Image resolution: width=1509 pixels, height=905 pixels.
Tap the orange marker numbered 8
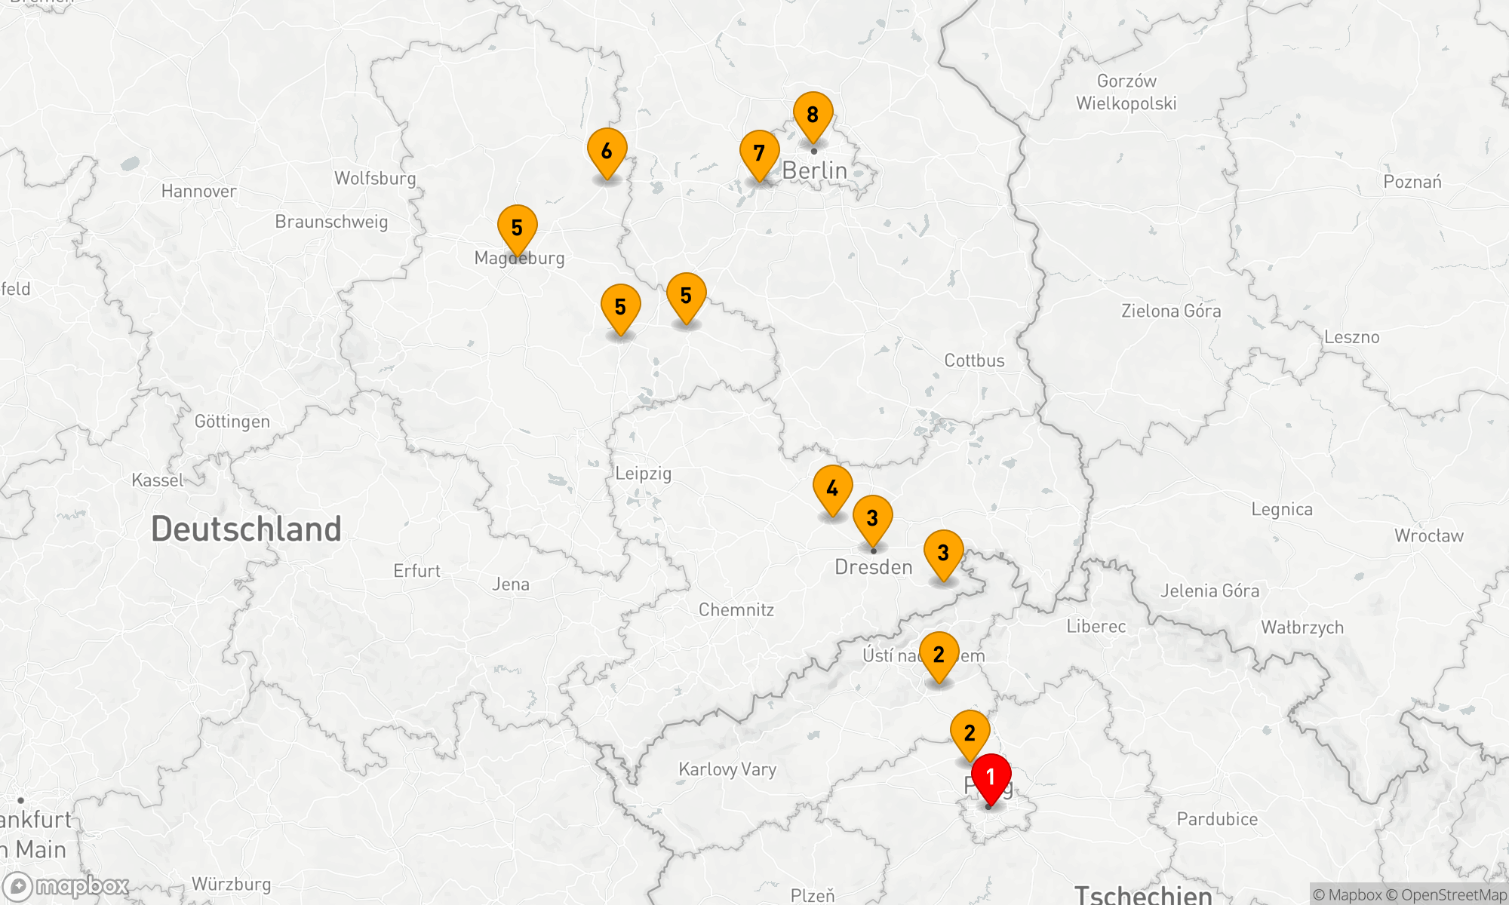pos(813,115)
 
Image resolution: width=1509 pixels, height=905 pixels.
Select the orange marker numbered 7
pos(759,154)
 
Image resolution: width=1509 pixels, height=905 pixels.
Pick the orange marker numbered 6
pos(607,152)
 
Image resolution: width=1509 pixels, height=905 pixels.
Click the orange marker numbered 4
pos(832,489)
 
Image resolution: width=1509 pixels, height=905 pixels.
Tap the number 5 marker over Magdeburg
pos(517,228)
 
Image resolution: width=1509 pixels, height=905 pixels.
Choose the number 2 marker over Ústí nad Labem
pos(939,655)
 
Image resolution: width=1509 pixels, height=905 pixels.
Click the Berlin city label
pos(815,171)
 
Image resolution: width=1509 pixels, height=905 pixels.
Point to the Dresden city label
pos(874,567)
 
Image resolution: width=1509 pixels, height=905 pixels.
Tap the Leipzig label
pos(643,474)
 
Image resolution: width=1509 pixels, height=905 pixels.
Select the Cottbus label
pos(974,360)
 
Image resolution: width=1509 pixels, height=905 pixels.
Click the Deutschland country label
pos(246,529)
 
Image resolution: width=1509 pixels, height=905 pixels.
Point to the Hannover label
pos(198,192)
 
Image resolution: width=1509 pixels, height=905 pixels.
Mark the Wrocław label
pos(1428,536)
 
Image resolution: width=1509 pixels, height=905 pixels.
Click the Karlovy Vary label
pos(727,769)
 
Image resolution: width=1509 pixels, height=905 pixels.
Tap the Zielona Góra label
pos(1170,311)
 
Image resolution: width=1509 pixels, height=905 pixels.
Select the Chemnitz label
pos(736,610)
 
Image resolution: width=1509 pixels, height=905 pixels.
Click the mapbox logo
pos(66,886)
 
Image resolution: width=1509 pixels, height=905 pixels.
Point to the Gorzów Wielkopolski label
pos(1126,92)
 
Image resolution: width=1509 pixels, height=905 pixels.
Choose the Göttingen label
pos(232,422)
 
